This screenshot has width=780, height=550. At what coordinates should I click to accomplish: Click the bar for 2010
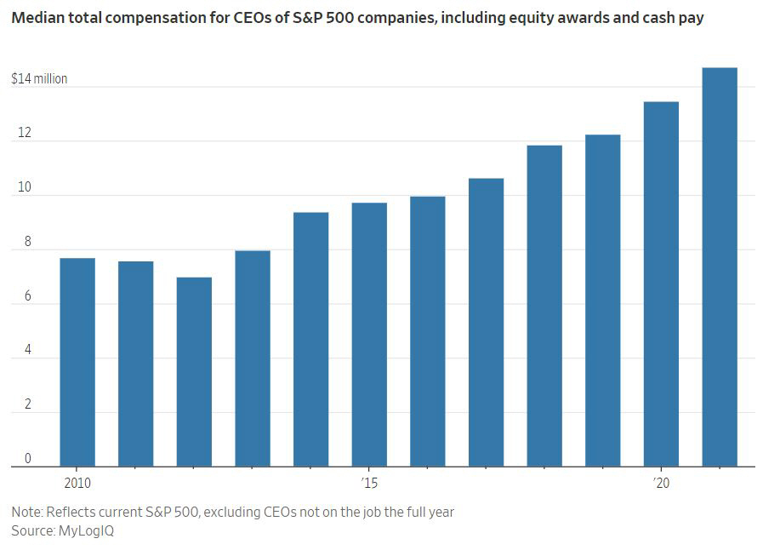pyautogui.click(x=77, y=362)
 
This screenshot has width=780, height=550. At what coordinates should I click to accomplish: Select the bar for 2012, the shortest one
pyautogui.click(x=194, y=372)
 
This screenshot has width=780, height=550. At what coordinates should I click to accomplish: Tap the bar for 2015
pyautogui.click(x=369, y=335)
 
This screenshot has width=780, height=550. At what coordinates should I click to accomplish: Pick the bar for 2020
pyautogui.click(x=661, y=284)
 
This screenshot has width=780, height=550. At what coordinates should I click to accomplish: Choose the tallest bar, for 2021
pyautogui.click(x=720, y=267)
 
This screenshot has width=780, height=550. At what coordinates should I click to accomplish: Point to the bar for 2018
pyautogui.click(x=544, y=306)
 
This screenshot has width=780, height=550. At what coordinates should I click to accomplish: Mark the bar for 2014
pyautogui.click(x=310, y=340)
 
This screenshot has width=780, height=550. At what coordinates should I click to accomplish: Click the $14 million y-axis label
pyautogui.click(x=39, y=79)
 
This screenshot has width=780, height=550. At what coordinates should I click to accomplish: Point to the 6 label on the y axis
pyautogui.click(x=27, y=296)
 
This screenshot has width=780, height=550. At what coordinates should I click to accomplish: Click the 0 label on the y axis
pyautogui.click(x=27, y=459)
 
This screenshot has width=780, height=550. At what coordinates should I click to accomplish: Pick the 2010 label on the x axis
pyautogui.click(x=77, y=483)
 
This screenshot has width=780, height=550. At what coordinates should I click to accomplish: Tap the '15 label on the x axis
pyautogui.click(x=368, y=483)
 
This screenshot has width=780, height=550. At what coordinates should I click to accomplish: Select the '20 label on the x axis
pyautogui.click(x=661, y=483)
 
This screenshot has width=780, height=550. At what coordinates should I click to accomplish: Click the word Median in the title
pyautogui.click(x=37, y=17)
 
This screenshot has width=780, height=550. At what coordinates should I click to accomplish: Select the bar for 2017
pyautogui.click(x=486, y=323)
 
